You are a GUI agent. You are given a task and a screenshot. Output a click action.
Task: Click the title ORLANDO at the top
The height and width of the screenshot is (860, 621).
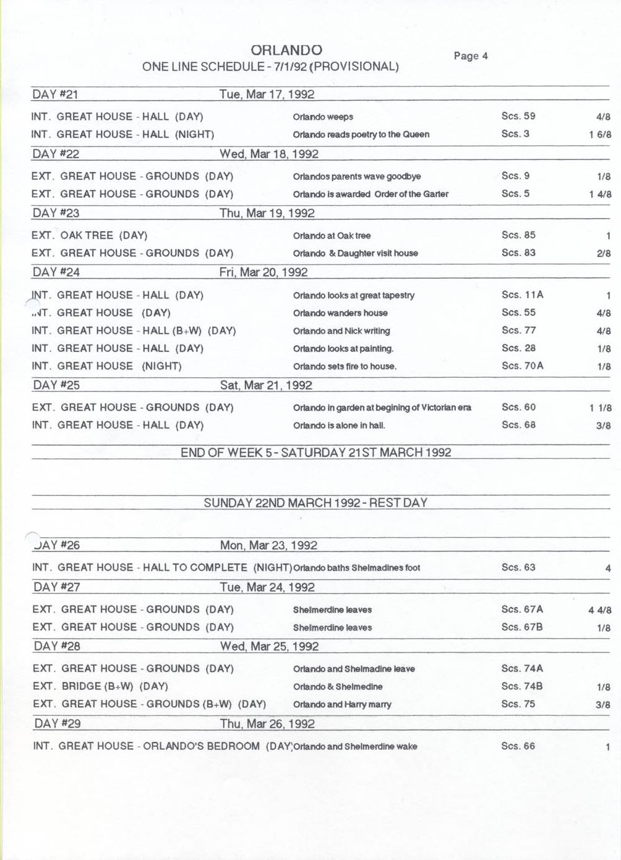point(286,50)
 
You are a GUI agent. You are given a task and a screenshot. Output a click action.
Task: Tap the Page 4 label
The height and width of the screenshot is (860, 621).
point(471,56)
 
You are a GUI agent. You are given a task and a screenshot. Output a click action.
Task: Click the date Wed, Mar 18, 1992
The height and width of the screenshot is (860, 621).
point(269,154)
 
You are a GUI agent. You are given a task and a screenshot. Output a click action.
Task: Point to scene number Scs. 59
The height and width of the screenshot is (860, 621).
point(518,116)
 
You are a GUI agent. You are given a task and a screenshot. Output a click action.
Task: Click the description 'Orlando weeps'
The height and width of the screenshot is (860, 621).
point(323,117)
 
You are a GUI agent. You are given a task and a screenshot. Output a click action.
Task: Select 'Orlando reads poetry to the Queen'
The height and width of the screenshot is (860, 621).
point(361,134)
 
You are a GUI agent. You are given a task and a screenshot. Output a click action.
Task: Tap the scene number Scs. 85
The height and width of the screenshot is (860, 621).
point(518,235)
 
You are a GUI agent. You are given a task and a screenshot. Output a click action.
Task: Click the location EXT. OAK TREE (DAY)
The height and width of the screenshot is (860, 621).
point(89,236)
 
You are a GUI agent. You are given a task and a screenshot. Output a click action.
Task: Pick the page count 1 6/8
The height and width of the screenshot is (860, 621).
point(600,135)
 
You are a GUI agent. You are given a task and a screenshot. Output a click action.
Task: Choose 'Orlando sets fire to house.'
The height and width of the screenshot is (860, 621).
point(345,367)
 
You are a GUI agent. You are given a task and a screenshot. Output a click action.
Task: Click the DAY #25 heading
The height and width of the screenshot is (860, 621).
point(56,385)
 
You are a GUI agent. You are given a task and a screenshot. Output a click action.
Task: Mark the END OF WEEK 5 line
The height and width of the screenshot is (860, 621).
point(315,453)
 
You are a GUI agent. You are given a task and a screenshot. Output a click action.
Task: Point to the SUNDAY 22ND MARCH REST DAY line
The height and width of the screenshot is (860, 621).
point(315,503)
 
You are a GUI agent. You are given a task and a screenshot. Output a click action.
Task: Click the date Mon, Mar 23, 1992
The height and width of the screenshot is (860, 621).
point(268,545)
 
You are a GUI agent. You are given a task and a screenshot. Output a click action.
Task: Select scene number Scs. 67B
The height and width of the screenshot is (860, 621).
point(522,627)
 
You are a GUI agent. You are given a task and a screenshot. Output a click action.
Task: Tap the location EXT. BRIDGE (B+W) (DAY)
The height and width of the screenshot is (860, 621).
point(100,686)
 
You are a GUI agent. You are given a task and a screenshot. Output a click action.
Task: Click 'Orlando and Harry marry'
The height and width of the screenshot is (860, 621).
point(342,704)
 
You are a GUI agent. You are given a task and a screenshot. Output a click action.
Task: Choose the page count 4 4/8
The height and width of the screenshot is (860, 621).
point(600,610)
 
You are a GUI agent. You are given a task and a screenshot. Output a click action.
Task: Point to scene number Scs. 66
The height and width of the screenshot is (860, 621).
point(518,746)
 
